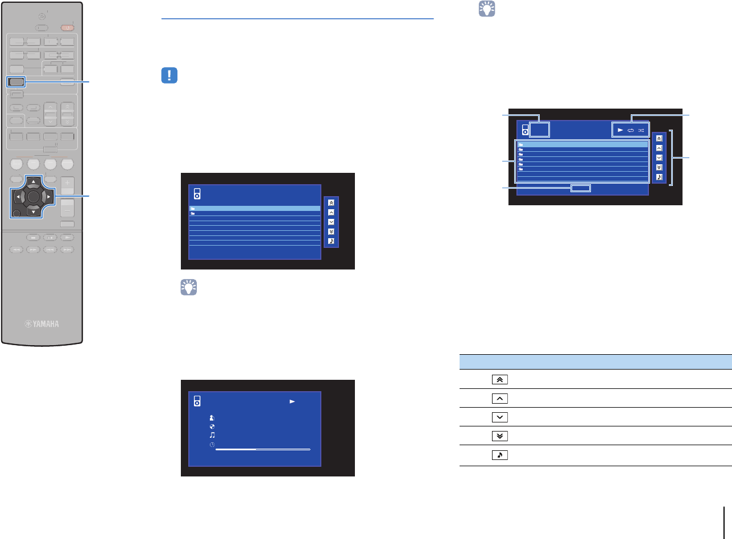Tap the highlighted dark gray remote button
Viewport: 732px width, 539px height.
click(16, 82)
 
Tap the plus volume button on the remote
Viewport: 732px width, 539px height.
click(67, 184)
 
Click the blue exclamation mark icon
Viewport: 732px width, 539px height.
click(169, 76)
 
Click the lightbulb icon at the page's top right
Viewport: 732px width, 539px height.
click(482, 10)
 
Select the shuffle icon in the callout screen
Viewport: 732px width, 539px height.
click(641, 130)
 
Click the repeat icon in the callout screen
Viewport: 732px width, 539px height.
click(631, 130)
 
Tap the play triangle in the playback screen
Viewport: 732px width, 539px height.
click(293, 401)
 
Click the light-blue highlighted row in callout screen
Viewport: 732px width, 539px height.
click(582, 145)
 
